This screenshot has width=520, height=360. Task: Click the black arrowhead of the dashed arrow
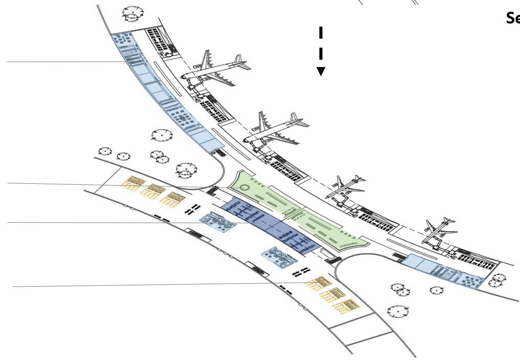321,71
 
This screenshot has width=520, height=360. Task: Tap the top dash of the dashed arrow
321,32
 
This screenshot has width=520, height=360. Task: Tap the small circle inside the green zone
244,188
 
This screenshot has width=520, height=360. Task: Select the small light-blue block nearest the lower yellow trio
279,256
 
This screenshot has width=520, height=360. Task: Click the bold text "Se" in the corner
512,18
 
